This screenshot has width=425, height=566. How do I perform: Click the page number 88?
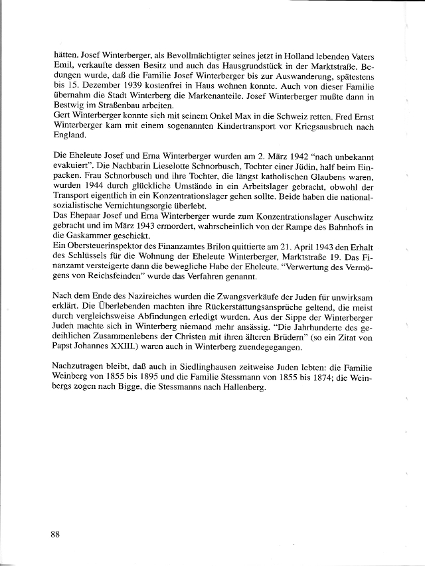pyautogui.click(x=56, y=533)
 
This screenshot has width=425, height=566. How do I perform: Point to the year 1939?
pyautogui.click(x=116, y=86)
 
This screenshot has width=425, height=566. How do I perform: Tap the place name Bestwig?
pyautogui.click(x=67, y=107)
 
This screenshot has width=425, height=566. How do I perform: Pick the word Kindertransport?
pyautogui.click(x=232, y=128)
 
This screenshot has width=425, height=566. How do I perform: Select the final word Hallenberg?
pyautogui.click(x=239, y=388)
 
